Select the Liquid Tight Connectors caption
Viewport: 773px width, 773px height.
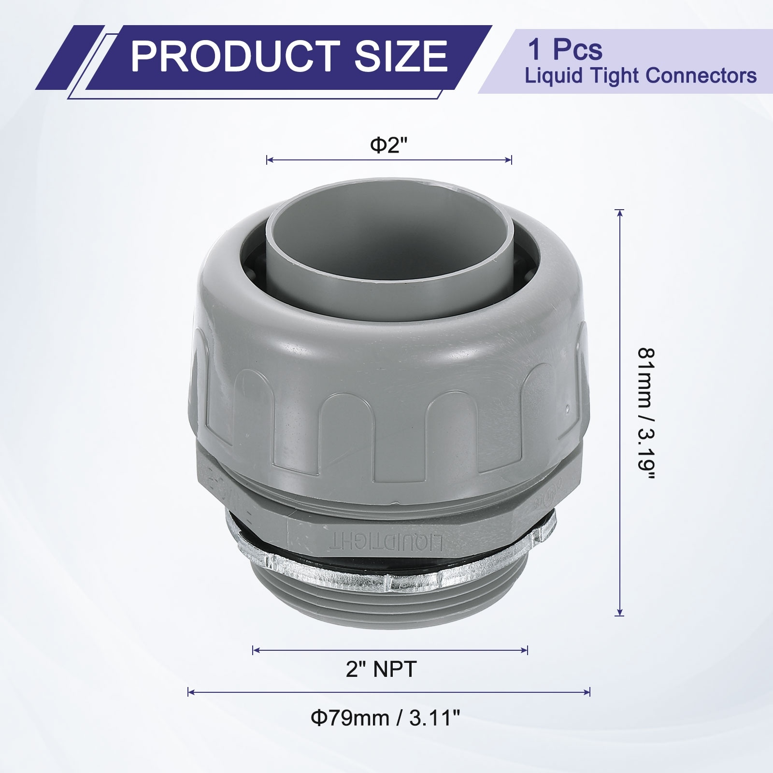tap(641, 76)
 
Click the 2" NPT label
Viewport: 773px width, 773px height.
tap(381, 670)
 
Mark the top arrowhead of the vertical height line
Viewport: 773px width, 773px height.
tap(620, 212)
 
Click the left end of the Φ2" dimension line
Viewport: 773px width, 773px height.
tap(267, 160)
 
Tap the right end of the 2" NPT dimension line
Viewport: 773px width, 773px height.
tap(528, 650)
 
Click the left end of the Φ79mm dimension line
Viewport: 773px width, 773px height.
tap(188, 692)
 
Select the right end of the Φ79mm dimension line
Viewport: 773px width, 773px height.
tap(589, 692)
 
